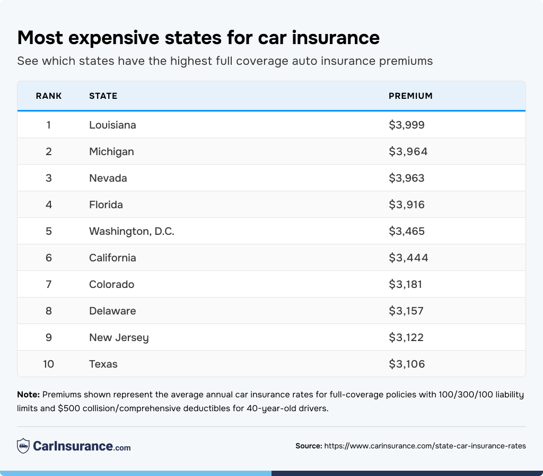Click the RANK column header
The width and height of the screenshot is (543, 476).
pos(49,96)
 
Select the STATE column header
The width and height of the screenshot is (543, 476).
pos(103,96)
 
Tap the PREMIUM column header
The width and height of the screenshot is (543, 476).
pos(410,96)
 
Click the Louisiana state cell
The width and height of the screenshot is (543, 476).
pos(112,125)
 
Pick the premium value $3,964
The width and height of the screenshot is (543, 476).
pos(408,151)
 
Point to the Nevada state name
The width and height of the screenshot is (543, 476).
pos(108,178)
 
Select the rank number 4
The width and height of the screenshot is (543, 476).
pos(49,205)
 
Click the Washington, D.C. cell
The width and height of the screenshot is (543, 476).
pos(132,231)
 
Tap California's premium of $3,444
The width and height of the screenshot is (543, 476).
pos(408,258)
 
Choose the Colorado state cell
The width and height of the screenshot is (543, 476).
pos(111,284)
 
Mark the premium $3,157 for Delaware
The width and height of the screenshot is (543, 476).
pos(406,311)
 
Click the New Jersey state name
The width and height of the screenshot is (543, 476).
pos(119,337)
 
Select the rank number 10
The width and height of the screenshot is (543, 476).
pos(49,364)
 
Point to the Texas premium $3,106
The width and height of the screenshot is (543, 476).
pos(407,364)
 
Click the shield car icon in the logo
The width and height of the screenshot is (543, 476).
pos(23,446)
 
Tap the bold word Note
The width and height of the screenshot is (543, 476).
pos(28,395)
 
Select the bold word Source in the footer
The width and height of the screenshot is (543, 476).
pos(309,446)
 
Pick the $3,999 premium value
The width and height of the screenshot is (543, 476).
pos(407,125)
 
